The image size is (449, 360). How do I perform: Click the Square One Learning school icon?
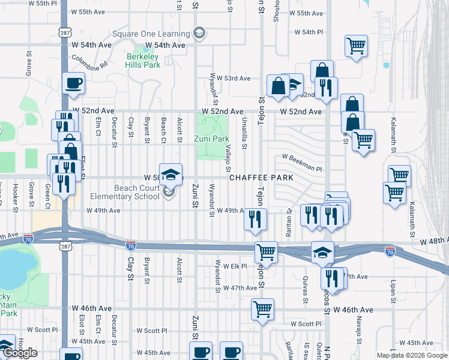[x=200, y=33]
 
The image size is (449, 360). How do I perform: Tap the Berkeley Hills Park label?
[x=143, y=61]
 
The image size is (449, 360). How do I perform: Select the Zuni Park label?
[x=211, y=139]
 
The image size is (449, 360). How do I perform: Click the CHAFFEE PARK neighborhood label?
[x=261, y=178]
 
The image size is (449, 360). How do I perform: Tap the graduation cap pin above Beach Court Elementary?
[x=170, y=175]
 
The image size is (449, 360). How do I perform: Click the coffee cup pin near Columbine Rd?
[x=74, y=83]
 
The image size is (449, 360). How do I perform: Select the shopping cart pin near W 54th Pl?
[x=356, y=46]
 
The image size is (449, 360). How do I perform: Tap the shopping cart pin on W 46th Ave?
[x=262, y=310]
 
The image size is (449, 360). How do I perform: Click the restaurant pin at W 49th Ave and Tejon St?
[x=255, y=218]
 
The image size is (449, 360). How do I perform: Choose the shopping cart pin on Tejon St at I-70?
[x=266, y=251]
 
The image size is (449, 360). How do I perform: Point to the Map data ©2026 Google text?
[x=411, y=355]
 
